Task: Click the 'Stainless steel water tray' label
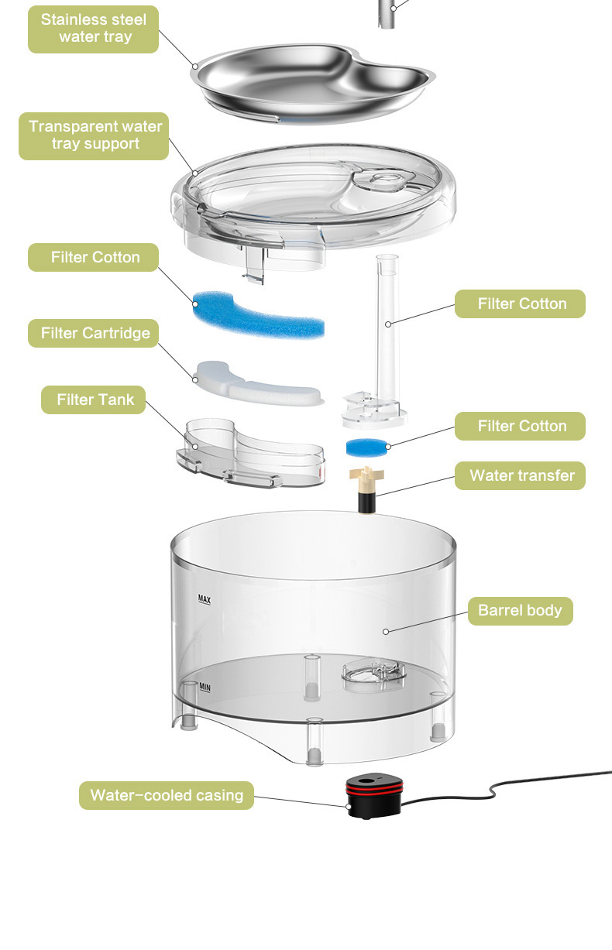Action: click(94, 29)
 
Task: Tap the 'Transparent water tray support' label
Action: click(94, 136)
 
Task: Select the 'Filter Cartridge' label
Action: click(94, 334)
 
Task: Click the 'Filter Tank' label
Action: click(94, 400)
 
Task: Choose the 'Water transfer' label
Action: click(520, 475)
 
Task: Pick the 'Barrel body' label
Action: click(521, 611)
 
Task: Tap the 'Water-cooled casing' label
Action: click(167, 795)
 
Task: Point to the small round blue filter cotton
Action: click(367, 448)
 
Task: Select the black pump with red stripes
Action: click(373, 797)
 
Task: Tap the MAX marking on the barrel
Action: click(205, 599)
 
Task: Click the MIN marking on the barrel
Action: click(205, 688)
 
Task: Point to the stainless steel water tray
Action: click(313, 83)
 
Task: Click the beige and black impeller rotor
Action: click(366, 489)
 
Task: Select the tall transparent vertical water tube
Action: click(387, 329)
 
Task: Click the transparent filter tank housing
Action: click(250, 453)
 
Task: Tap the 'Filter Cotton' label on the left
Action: click(94, 257)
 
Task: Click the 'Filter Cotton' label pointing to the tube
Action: click(520, 304)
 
